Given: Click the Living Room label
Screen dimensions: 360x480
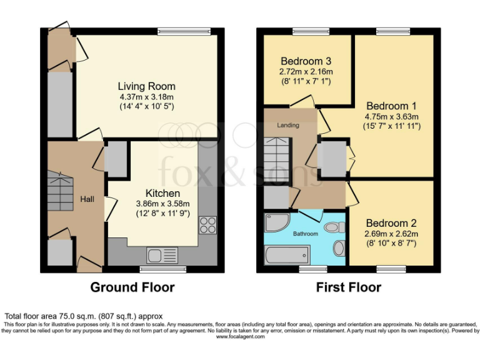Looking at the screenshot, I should [147, 86].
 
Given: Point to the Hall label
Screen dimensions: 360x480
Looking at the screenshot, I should [87, 199].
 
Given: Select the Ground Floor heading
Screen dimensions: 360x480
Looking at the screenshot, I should [132, 287].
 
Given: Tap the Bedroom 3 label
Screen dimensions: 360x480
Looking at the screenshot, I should [306, 61].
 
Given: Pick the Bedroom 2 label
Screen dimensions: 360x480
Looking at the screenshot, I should [391, 223].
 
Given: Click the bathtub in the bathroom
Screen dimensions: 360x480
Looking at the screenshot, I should [287, 255].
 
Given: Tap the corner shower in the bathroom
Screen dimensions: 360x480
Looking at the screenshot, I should [276, 223].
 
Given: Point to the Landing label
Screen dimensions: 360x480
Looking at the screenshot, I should [288, 125].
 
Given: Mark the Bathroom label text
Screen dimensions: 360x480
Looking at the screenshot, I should [306, 234].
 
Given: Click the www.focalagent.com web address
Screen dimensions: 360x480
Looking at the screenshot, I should [240, 336].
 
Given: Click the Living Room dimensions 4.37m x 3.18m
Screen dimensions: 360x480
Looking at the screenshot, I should [147, 97].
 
